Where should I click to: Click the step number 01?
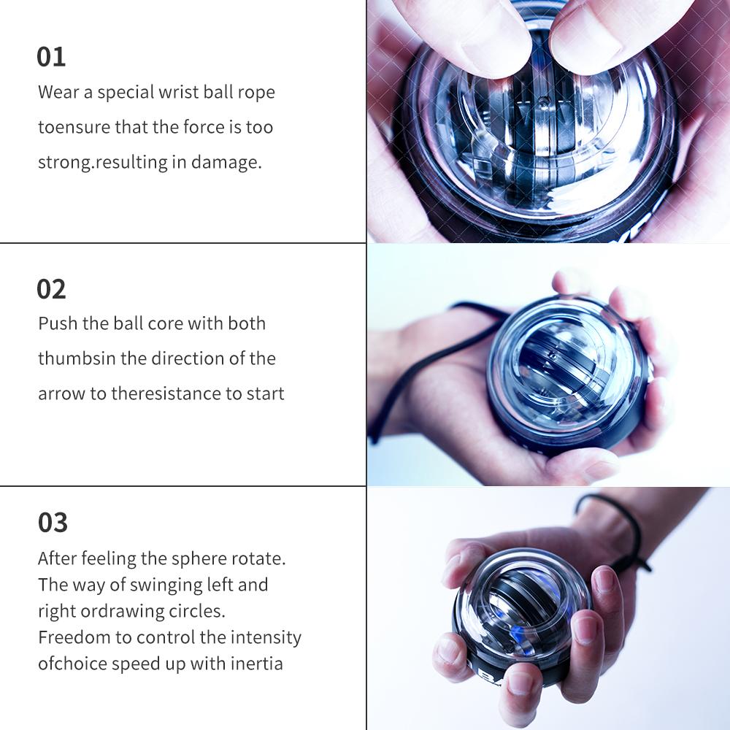pos(51,57)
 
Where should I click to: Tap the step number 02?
pos(51,289)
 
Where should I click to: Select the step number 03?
pos(53,523)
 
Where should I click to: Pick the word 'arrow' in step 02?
pos(61,394)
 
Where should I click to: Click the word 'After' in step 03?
pos(57,558)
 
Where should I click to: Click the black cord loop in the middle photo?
pos(409,380)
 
